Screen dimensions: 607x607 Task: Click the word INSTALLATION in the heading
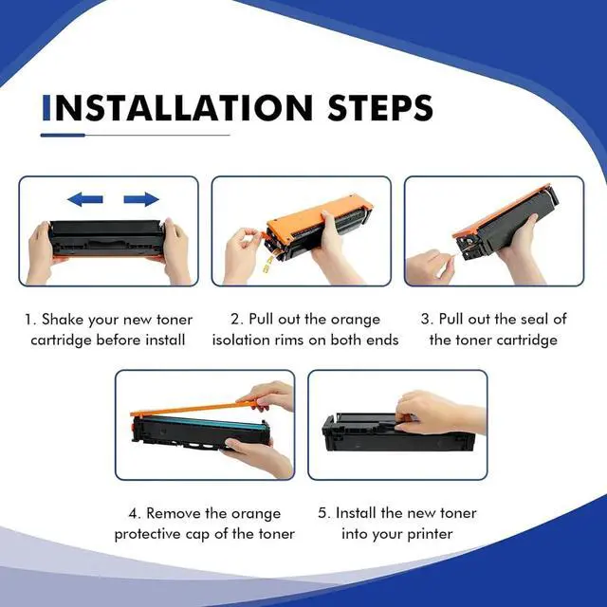[x=177, y=107]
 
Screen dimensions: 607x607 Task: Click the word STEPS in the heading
[x=380, y=107]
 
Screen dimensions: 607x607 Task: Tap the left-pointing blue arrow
[x=85, y=199]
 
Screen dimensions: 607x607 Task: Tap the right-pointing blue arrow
[x=141, y=199]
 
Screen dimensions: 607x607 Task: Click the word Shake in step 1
[x=63, y=320]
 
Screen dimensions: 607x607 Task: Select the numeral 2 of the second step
[x=235, y=320]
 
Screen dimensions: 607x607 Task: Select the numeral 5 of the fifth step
[x=322, y=514]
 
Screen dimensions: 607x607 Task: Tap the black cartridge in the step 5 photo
[x=398, y=432]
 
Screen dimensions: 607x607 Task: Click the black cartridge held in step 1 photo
[x=107, y=238]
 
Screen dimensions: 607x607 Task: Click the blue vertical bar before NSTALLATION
[x=46, y=107]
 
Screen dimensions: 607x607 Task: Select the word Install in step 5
[x=356, y=513]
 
